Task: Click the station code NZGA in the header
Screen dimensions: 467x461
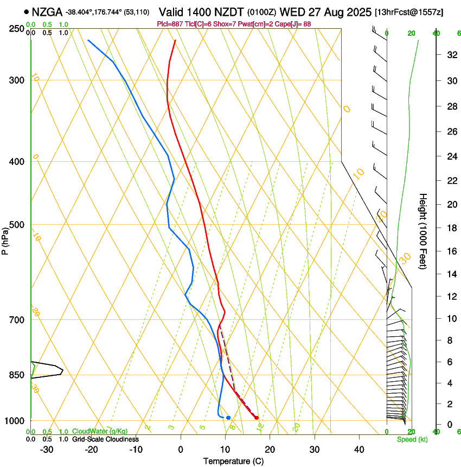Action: [x=47, y=12]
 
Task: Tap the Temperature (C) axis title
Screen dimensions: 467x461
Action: [x=233, y=461]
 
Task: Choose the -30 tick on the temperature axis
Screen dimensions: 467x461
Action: [x=47, y=449]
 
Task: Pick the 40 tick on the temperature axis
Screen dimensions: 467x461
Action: [x=358, y=449]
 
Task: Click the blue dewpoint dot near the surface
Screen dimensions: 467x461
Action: [x=228, y=418]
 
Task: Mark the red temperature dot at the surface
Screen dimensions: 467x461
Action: [x=257, y=418]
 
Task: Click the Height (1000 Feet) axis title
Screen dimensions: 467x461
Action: [x=423, y=231]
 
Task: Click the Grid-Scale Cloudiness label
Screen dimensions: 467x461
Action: [x=105, y=439]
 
